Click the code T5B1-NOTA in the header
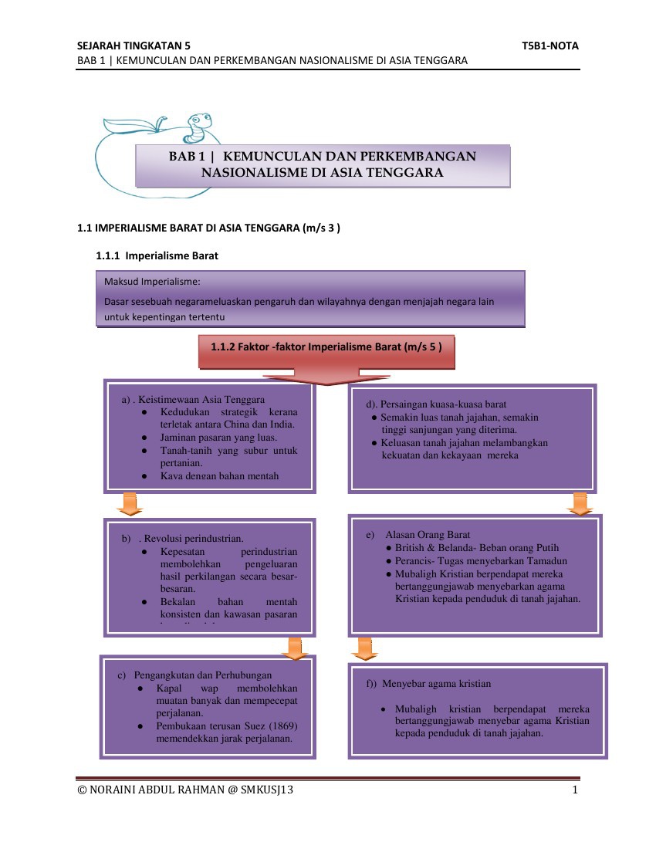549,46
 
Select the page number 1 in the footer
575,790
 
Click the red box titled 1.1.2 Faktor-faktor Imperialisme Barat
326,347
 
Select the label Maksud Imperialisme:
152,282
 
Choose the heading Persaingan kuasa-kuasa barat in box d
436,404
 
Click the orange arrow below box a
130,503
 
